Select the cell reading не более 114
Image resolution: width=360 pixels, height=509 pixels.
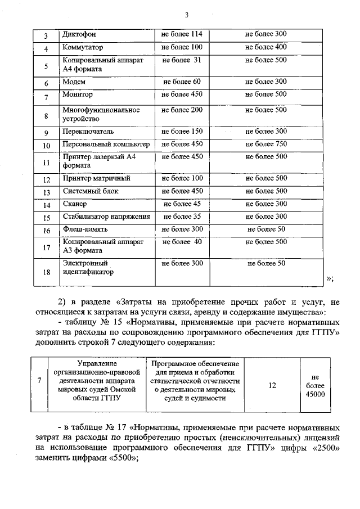(x=182, y=34)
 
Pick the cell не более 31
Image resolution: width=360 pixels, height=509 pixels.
(x=182, y=60)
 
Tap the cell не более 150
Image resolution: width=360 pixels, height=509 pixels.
(x=182, y=132)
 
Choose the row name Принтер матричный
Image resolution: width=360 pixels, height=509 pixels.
(x=97, y=178)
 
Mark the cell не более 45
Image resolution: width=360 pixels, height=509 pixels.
(x=182, y=204)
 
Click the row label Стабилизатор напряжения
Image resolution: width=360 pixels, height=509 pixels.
(x=106, y=217)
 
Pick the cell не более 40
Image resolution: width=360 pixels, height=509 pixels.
(x=182, y=242)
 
